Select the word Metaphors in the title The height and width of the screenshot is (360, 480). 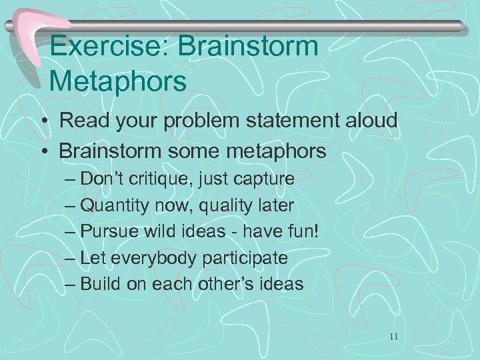click(118, 81)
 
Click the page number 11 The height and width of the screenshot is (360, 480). click(394, 337)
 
